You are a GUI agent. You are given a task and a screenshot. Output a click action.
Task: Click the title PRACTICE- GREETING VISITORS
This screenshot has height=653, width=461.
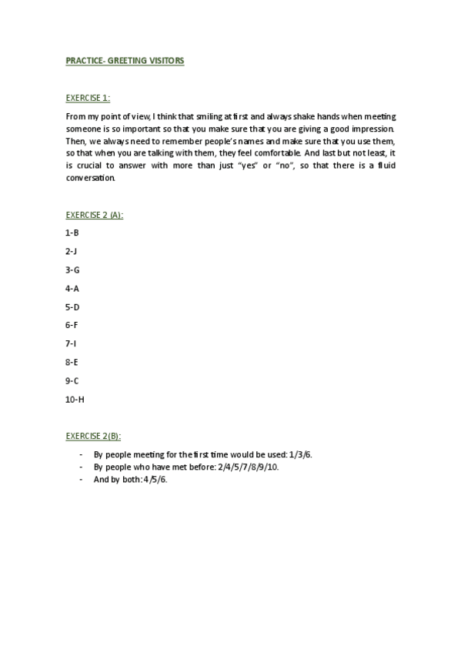coord(125,60)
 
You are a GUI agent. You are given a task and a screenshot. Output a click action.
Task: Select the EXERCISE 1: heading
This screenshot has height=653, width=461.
coord(88,98)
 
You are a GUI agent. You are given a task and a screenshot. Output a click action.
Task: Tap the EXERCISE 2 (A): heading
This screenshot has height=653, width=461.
coord(95,215)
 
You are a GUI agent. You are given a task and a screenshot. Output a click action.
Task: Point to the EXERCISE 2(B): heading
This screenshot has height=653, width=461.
coord(93,436)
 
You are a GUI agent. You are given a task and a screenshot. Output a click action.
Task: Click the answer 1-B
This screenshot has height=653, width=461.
coord(72,232)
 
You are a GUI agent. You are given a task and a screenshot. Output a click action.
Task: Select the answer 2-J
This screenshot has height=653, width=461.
coord(72,250)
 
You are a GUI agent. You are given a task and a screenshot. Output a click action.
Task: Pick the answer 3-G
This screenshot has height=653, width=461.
coord(72,270)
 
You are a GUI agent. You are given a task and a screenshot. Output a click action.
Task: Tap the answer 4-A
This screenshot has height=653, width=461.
coord(72,288)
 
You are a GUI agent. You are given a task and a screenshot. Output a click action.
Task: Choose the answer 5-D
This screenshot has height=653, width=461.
coord(72,306)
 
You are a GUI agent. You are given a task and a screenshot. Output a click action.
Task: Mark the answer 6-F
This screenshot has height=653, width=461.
coord(72,325)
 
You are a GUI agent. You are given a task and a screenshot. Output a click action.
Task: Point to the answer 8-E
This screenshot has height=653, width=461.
coord(72,362)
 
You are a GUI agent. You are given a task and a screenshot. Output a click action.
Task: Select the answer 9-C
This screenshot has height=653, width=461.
coord(72,380)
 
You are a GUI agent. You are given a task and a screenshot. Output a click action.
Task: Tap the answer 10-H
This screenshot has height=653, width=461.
coord(75,399)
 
